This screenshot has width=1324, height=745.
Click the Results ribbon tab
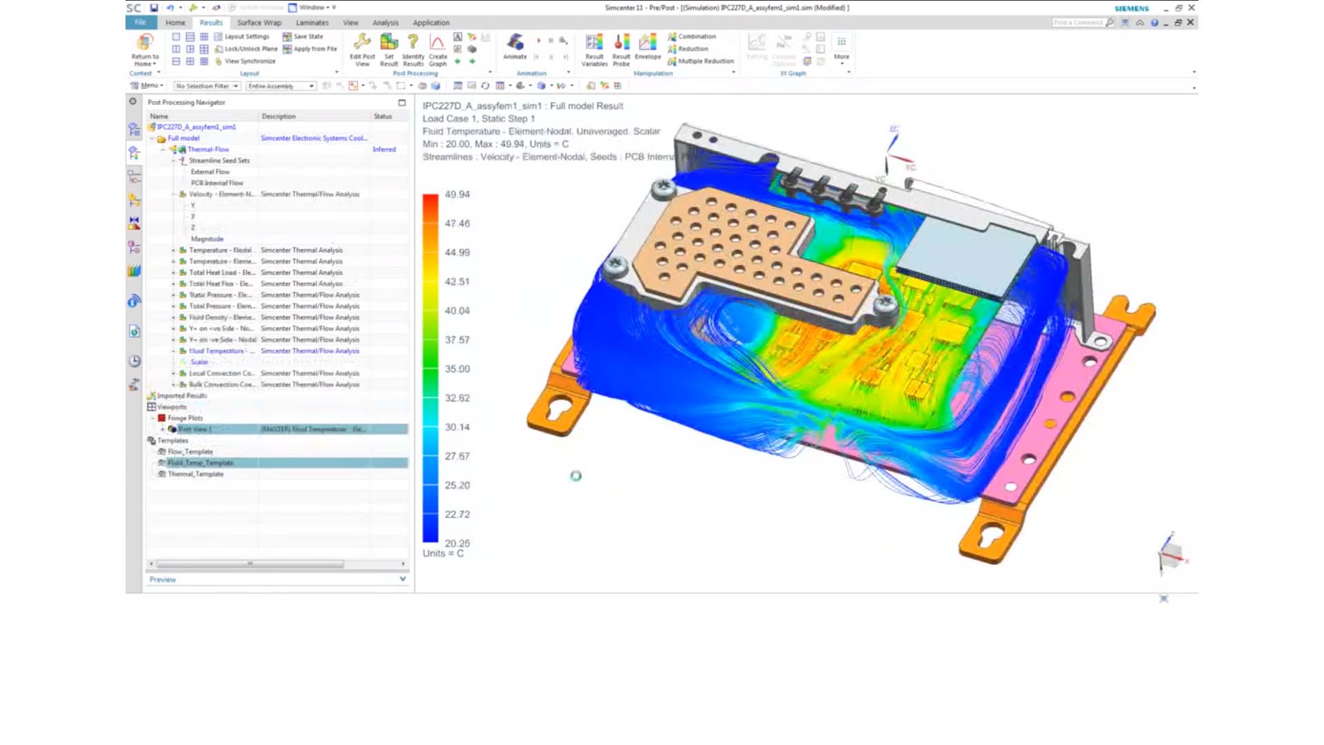(x=211, y=23)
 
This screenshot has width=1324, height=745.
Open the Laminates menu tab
(x=312, y=23)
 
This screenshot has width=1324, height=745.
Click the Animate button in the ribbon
(x=515, y=47)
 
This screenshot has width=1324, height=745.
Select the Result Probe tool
(x=621, y=50)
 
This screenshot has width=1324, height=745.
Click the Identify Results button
(x=413, y=50)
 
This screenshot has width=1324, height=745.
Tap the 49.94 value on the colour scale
(x=457, y=195)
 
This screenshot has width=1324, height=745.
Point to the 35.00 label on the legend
(x=457, y=369)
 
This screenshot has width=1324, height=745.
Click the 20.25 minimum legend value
(x=457, y=544)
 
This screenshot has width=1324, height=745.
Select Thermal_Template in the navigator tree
(x=196, y=474)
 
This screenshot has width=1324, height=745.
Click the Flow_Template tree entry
(x=190, y=452)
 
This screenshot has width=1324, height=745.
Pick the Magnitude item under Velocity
(x=207, y=239)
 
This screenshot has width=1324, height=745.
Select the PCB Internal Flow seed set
(x=217, y=183)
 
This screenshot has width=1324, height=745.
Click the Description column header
(x=279, y=117)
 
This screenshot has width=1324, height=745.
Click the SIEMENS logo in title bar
(x=1132, y=8)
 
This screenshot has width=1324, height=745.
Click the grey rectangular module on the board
(x=965, y=259)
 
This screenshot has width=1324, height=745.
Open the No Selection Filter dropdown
(x=207, y=86)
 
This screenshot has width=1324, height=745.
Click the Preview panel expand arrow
(x=403, y=579)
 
